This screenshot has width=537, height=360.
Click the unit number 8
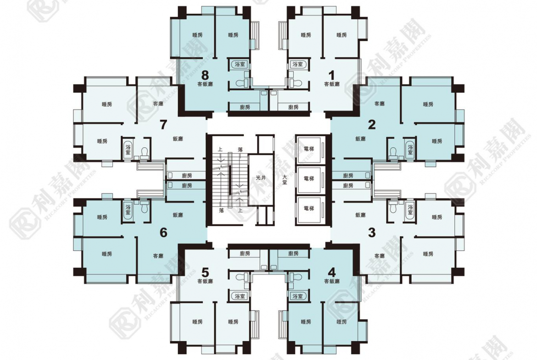(x=205, y=75)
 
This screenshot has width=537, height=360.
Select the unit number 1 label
(x=331, y=75)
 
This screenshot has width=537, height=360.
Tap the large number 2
(x=372, y=125)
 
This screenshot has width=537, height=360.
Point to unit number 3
(x=372, y=233)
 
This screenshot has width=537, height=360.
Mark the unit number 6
(x=164, y=233)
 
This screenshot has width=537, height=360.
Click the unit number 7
(x=164, y=125)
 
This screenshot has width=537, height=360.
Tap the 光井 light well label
(x=261, y=178)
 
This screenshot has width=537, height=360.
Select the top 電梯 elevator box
(x=308, y=150)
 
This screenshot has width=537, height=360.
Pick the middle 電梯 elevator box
(x=308, y=179)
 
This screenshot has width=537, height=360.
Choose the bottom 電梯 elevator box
(x=308, y=209)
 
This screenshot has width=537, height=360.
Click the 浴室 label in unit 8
(x=240, y=64)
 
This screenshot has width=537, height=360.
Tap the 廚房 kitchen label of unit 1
(x=293, y=107)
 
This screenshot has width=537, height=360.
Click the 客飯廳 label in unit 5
(x=205, y=281)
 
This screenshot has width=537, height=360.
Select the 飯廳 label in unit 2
(x=360, y=139)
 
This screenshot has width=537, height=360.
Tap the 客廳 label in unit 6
(x=158, y=255)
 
